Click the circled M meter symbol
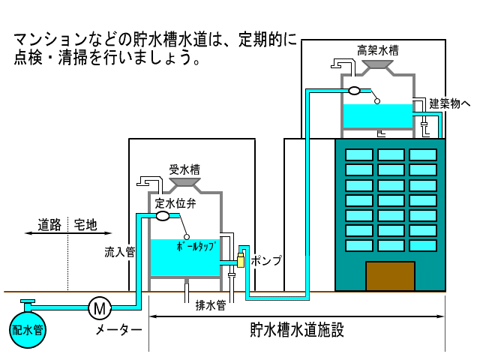[99, 307]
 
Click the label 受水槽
[184, 169]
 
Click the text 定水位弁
[175, 203]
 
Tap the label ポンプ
[267, 261]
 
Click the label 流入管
[119, 253]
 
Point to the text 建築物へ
[449, 103]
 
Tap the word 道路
[49, 224]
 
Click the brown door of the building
[390, 276]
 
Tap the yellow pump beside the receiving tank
[241, 259]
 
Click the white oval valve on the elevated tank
[354, 91]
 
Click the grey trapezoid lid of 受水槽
[184, 183]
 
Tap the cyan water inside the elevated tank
[377, 116]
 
